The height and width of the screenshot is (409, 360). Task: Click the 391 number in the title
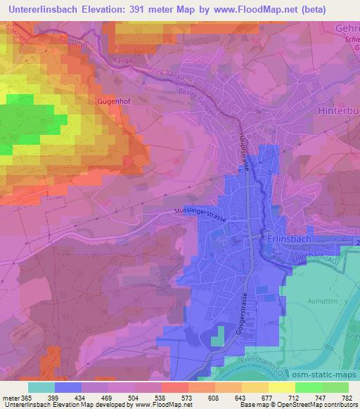pyautogui.click(x=159, y=8)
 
